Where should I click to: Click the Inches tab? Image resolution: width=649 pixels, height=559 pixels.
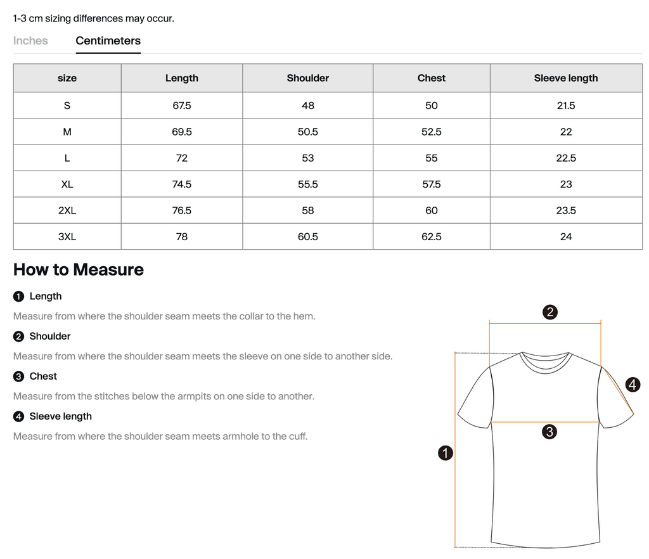pyautogui.click(x=30, y=41)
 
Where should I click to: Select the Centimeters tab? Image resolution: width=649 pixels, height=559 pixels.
pyautogui.click(x=108, y=41)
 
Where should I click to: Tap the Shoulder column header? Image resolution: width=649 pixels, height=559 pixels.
pyautogui.click(x=307, y=78)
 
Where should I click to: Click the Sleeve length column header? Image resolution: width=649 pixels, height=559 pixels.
pyautogui.click(x=565, y=78)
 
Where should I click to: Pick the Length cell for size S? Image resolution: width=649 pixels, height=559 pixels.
pyautogui.click(x=181, y=105)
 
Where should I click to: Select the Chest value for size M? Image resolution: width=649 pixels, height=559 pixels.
pyautogui.click(x=431, y=132)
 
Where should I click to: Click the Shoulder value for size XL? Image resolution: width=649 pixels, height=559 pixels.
pyautogui.click(x=307, y=184)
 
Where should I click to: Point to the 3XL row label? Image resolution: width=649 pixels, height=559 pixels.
pyautogui.click(x=67, y=236)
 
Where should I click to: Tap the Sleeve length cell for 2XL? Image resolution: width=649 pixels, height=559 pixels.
pyautogui.click(x=565, y=210)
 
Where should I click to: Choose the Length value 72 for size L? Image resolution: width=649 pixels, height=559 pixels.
pyautogui.click(x=181, y=158)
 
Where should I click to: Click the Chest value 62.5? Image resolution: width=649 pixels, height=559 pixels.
pyautogui.click(x=431, y=236)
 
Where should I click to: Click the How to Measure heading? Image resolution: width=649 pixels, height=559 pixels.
pyautogui.click(x=78, y=269)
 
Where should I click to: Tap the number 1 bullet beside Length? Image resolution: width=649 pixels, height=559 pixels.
pyautogui.click(x=18, y=297)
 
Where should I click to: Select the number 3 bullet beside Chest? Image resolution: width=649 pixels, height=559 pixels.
pyautogui.click(x=18, y=376)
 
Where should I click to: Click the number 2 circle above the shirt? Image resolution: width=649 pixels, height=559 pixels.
pyautogui.click(x=550, y=311)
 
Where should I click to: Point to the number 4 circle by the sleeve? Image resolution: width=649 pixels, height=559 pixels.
pyautogui.click(x=632, y=384)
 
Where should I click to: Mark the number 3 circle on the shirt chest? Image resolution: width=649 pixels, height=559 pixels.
pyautogui.click(x=549, y=432)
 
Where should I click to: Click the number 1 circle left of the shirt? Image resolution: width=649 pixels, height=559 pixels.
pyautogui.click(x=446, y=453)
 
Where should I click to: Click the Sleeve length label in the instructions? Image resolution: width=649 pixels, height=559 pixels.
pyautogui.click(x=60, y=416)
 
